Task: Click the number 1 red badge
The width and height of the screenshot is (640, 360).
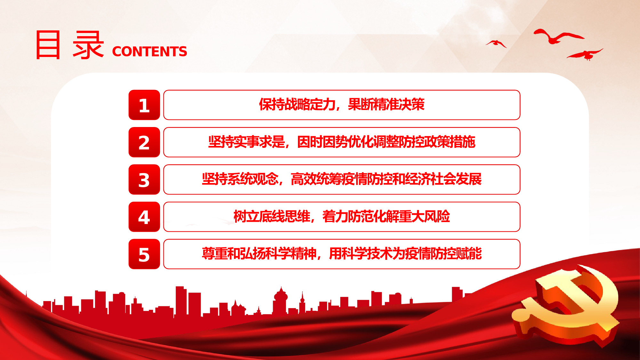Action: tap(144, 105)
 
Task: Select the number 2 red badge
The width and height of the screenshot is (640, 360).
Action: tap(144, 142)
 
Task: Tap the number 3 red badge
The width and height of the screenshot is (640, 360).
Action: tap(144, 180)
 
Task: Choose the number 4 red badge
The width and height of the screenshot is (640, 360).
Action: tap(144, 217)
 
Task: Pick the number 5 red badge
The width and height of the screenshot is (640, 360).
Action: tap(144, 254)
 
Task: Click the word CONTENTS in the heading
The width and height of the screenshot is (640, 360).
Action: tap(149, 52)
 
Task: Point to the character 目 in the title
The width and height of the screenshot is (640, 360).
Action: tap(48, 45)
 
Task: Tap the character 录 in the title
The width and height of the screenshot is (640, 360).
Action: tap(88, 45)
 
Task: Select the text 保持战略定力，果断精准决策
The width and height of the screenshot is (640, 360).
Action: tap(342, 104)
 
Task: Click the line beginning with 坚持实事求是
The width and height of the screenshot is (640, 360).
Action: tap(342, 142)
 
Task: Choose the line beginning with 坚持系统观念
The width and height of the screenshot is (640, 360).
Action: tap(342, 179)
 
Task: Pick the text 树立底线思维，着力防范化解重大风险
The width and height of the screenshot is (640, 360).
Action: tap(342, 216)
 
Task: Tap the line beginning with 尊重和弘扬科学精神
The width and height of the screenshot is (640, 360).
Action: tap(342, 253)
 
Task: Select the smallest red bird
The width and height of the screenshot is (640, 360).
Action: tap(496, 44)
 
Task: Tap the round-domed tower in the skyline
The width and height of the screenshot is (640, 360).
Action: tap(280, 301)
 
